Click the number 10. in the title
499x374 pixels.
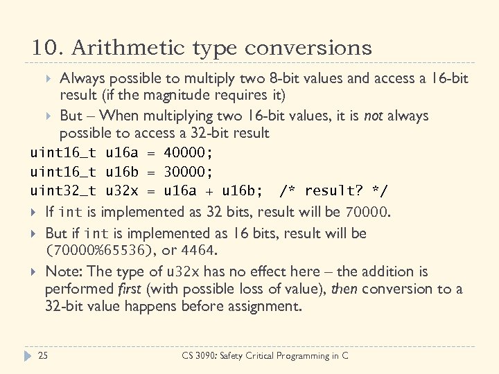click(x=46, y=48)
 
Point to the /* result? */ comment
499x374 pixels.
click(x=333, y=190)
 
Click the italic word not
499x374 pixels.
click(x=373, y=116)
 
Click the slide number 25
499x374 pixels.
click(x=42, y=356)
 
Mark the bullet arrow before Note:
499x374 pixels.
click(x=35, y=272)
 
